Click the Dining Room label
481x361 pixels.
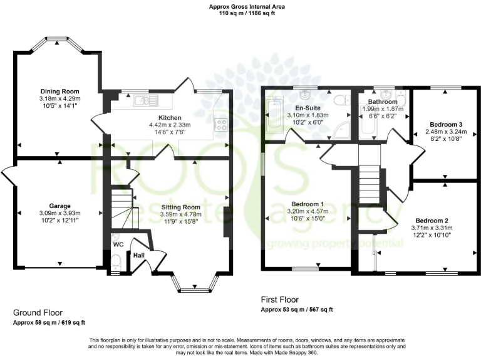60,92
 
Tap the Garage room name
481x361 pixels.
60,206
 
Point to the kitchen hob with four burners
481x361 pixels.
220,124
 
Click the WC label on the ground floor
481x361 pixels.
118,244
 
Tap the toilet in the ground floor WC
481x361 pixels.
116,261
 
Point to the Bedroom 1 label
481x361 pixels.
308,204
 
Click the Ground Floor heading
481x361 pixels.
38,312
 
